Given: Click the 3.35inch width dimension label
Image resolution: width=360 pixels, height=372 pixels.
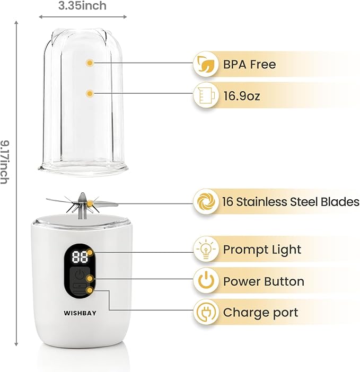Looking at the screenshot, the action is coord(82,6).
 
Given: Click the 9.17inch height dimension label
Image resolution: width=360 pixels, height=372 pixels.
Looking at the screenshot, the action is coord(5,162).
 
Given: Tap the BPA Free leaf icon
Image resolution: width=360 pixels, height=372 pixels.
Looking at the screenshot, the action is coord(206,64).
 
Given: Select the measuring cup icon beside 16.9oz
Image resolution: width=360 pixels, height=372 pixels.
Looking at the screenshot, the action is coord(206,95).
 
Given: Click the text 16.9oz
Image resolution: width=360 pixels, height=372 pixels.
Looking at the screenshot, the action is coord(242,95).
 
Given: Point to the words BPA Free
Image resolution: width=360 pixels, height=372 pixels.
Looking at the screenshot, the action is coord(249,64).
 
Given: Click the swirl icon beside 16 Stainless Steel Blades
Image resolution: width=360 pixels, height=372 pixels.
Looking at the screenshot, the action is coord(206,201).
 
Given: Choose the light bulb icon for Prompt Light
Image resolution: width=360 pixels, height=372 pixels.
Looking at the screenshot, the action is coord(206,249).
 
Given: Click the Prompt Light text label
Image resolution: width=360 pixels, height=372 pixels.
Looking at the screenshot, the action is coord(262,250).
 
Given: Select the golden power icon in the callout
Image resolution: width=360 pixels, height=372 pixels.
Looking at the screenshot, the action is coord(206,281).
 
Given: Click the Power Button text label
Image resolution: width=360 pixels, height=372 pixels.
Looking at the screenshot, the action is coord(264,281).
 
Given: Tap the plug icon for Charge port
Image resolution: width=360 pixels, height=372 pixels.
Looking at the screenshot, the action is coord(206,312).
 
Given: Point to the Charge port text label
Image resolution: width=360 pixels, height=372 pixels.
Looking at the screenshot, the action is coord(260,313).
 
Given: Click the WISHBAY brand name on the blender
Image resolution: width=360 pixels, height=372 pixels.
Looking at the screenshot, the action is coord(80,313).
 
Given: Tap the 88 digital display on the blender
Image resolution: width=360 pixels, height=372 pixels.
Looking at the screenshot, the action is coord(80,258).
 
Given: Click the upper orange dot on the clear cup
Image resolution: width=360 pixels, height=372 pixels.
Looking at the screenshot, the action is coord(90,63).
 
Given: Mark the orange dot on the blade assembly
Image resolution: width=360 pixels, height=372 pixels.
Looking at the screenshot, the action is coord(90,203).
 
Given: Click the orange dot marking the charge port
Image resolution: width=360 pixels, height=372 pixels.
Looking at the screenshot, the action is coord(90,290).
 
